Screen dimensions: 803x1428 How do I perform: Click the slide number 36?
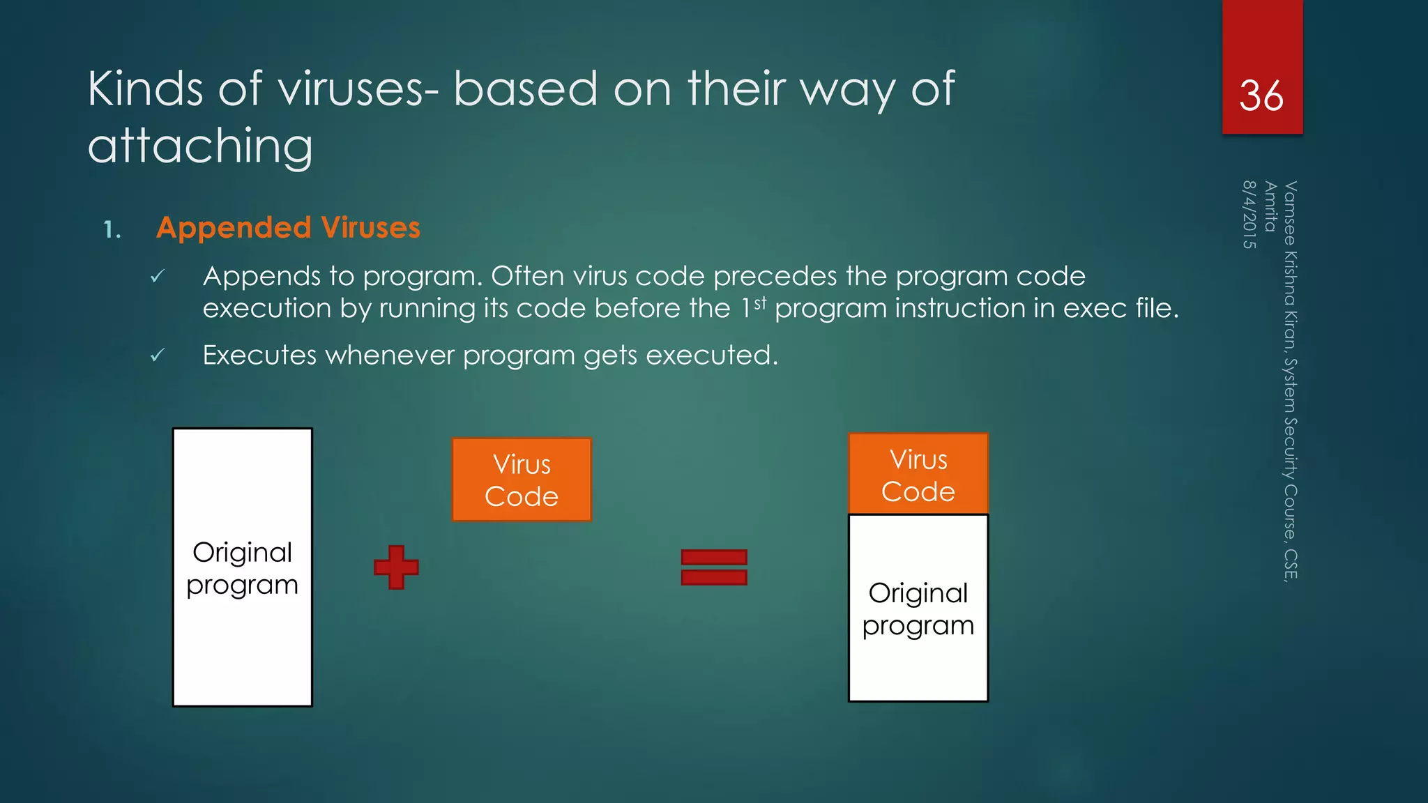click(1261, 95)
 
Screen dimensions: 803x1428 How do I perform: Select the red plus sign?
click(396, 567)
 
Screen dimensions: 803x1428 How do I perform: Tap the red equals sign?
click(714, 567)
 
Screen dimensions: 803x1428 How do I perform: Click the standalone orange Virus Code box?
click(522, 480)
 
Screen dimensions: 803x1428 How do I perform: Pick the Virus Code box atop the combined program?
click(918, 474)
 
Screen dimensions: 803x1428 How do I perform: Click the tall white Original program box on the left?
click(242, 567)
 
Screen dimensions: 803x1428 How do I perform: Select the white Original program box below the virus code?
click(918, 608)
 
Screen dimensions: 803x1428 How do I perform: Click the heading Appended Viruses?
click(288, 228)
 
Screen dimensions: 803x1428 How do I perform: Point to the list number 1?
click(112, 229)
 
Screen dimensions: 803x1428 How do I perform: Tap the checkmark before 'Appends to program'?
click(158, 277)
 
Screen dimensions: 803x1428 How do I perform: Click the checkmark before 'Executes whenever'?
click(158, 355)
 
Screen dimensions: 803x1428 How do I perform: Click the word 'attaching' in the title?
click(200, 146)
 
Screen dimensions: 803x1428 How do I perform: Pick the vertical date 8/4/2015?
click(1249, 214)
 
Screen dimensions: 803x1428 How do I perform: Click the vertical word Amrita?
click(1270, 206)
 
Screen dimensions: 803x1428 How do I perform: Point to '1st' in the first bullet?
click(753, 307)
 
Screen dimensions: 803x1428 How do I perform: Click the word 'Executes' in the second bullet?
click(259, 355)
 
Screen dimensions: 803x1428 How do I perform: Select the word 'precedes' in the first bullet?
click(775, 277)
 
